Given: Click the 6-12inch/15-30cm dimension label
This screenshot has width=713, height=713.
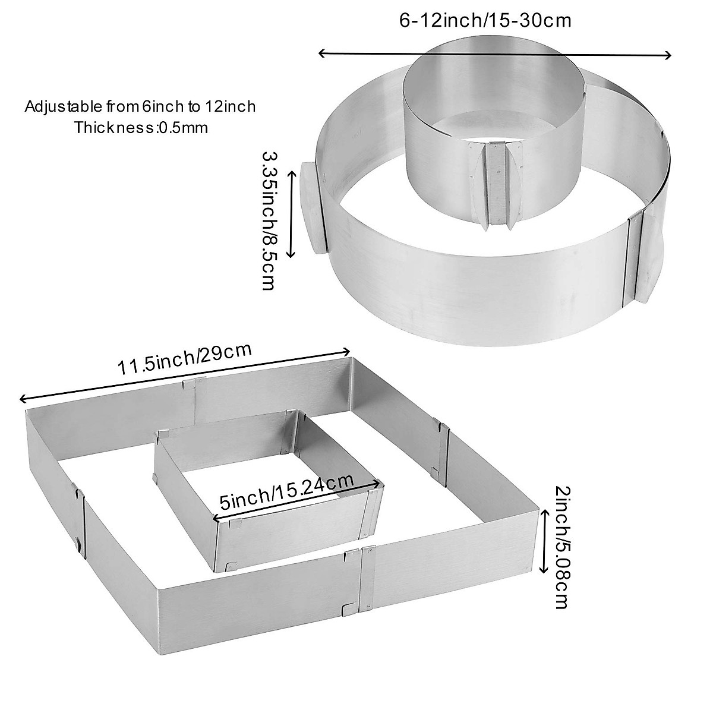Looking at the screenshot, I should coord(484,21).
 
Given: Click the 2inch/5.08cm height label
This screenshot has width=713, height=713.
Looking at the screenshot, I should coord(561,547).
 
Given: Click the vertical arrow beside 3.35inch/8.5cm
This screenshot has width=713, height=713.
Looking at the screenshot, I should coord(291,213).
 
